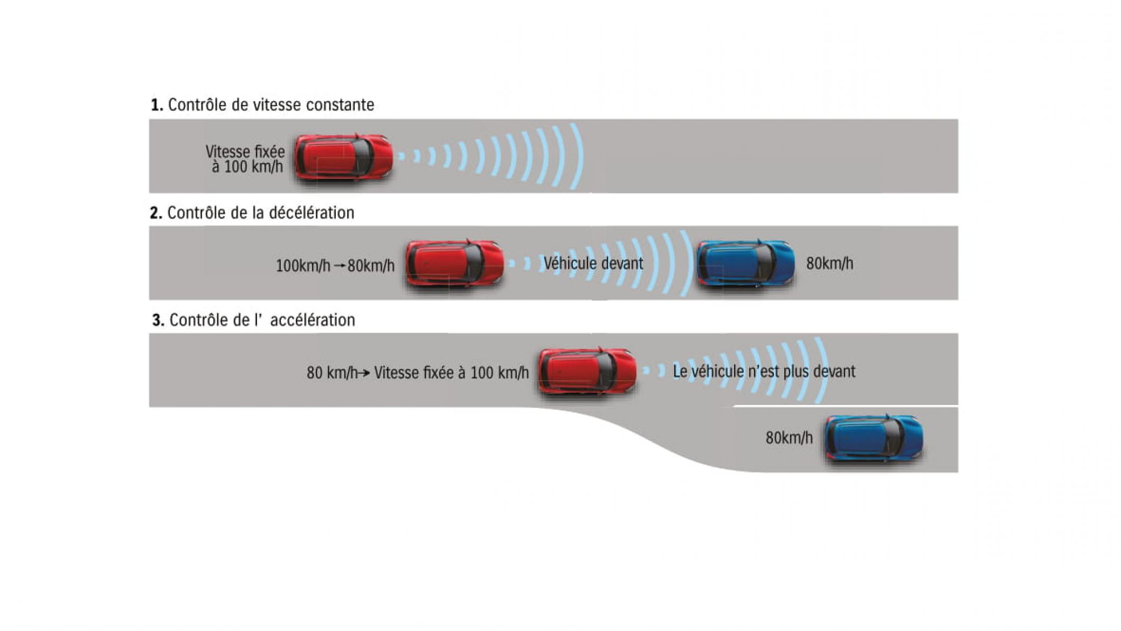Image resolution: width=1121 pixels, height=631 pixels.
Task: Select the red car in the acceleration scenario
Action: (587, 371)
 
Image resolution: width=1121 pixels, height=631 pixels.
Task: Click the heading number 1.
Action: (156, 105)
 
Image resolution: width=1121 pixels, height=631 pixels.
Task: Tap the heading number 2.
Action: (156, 214)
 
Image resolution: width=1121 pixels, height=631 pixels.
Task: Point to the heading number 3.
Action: (158, 321)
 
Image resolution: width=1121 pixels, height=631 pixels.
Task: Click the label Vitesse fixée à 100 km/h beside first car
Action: (246, 159)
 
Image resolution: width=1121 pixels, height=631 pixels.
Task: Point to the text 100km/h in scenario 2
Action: (303, 266)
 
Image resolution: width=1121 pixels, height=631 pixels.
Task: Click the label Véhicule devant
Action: (593, 264)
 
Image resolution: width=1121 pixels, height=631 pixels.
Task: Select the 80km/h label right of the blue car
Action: (829, 264)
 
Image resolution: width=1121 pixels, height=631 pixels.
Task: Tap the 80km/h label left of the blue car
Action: (789, 437)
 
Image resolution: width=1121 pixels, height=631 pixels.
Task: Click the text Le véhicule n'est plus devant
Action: (764, 372)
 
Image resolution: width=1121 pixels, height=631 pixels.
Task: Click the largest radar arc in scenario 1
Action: (578, 156)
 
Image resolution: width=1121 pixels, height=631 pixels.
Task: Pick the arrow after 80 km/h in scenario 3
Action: (364, 373)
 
